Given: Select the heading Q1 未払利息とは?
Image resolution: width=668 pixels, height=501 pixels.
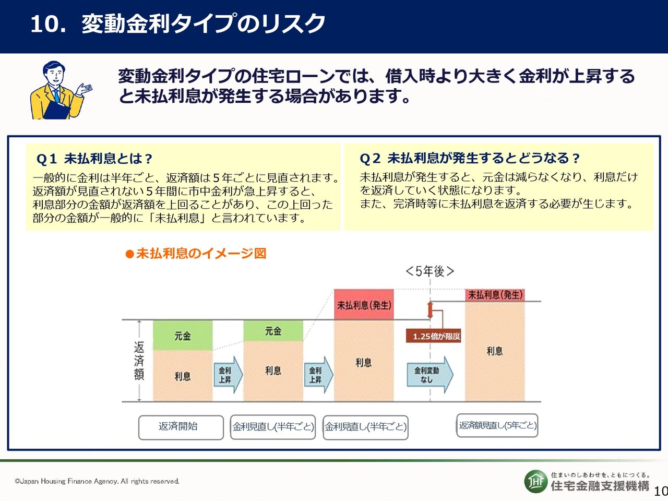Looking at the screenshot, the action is [94, 159].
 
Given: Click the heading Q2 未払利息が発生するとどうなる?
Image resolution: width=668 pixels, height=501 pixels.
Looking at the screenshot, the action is [470, 158].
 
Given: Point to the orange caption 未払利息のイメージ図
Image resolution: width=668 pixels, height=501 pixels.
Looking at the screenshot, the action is [196, 254].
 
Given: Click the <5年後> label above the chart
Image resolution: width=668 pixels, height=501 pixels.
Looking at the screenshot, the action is [430, 271].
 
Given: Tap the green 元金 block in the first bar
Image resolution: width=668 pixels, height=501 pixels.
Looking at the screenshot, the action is [183, 336].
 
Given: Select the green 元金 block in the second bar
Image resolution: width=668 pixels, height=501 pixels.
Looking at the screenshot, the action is [273, 331].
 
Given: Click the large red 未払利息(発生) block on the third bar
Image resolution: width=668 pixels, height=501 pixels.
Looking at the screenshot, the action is [364, 304].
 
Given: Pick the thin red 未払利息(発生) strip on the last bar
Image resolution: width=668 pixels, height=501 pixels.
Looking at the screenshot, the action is [495, 295].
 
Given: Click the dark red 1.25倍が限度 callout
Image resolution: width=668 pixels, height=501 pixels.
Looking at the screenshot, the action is [433, 336].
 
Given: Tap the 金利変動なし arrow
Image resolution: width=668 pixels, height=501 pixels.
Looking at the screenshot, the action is [430, 375].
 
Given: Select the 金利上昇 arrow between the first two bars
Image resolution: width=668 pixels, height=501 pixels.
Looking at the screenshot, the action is [228, 375].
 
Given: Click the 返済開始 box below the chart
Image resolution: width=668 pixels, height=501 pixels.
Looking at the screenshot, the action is [181, 427].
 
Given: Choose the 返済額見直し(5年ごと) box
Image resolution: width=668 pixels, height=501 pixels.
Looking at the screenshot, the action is [497, 425].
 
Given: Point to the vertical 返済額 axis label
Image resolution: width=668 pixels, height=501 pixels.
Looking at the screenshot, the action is [139, 361].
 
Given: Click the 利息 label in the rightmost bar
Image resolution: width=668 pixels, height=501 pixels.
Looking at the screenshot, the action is [495, 351].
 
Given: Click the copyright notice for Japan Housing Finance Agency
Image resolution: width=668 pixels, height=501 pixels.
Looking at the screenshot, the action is [97, 481].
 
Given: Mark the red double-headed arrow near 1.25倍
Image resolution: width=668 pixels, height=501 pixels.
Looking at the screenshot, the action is [430, 310].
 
